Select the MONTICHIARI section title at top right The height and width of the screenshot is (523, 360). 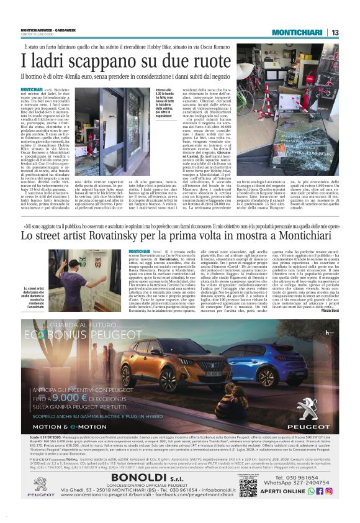click(x=297, y=32)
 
